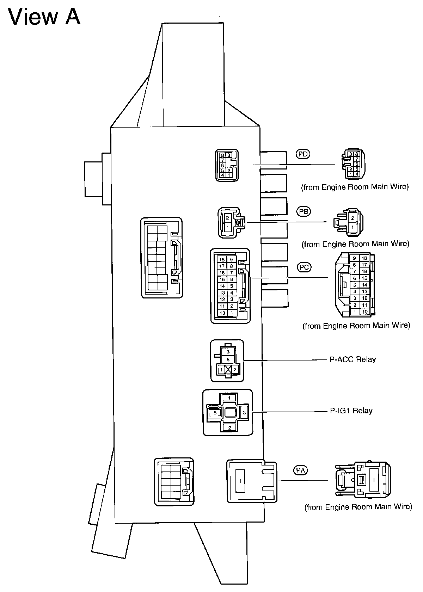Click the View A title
[44, 17]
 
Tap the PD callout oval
[302, 154]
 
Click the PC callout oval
[304, 267]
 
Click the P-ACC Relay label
[352, 360]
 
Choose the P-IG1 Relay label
[351, 411]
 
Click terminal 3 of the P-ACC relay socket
[228, 352]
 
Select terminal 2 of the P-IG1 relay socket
[229, 428]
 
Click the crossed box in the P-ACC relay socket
[228, 370]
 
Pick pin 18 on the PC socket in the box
[222, 260]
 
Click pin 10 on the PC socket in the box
[222, 313]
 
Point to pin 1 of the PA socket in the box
[240, 481]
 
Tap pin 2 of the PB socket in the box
[228, 218]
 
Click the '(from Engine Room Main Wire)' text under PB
[355, 244]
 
